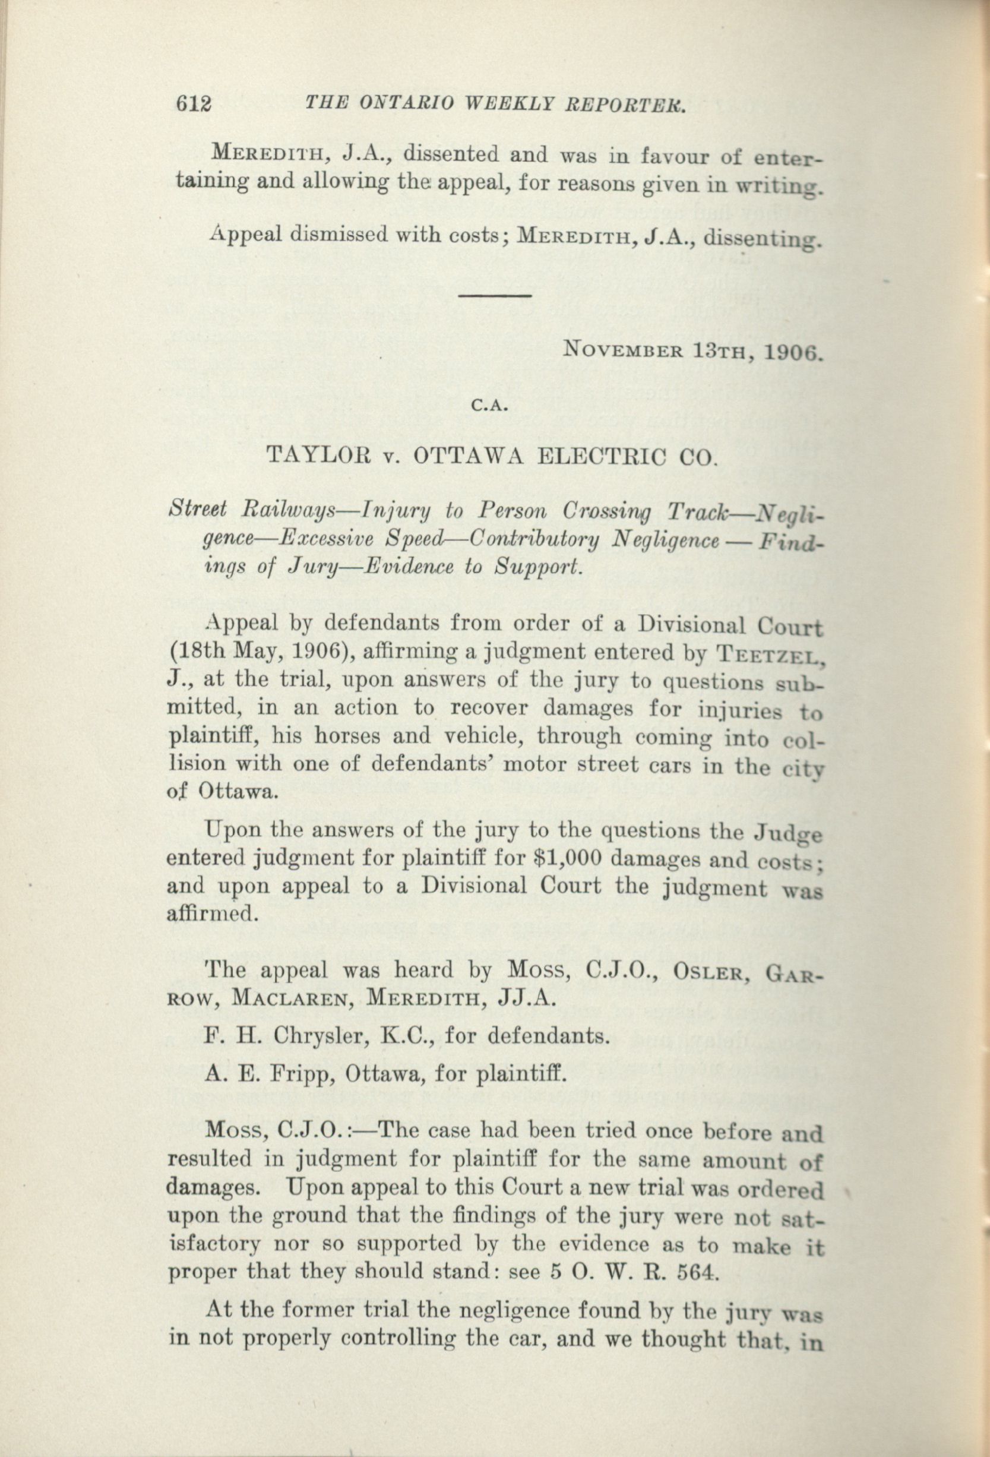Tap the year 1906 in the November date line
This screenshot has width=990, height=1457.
coord(791,352)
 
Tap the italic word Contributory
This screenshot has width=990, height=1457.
coord(538,539)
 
